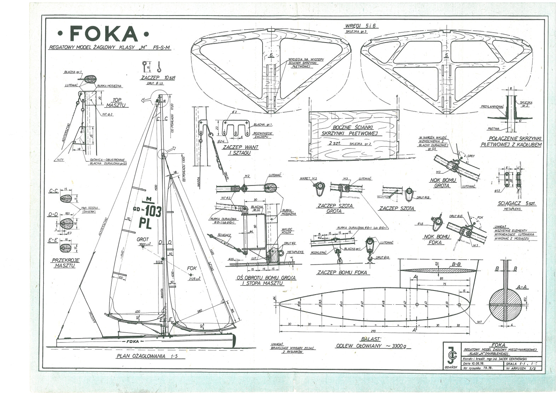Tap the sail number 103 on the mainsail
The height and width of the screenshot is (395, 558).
(153, 211)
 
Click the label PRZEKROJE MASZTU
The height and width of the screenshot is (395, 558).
(66, 263)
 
